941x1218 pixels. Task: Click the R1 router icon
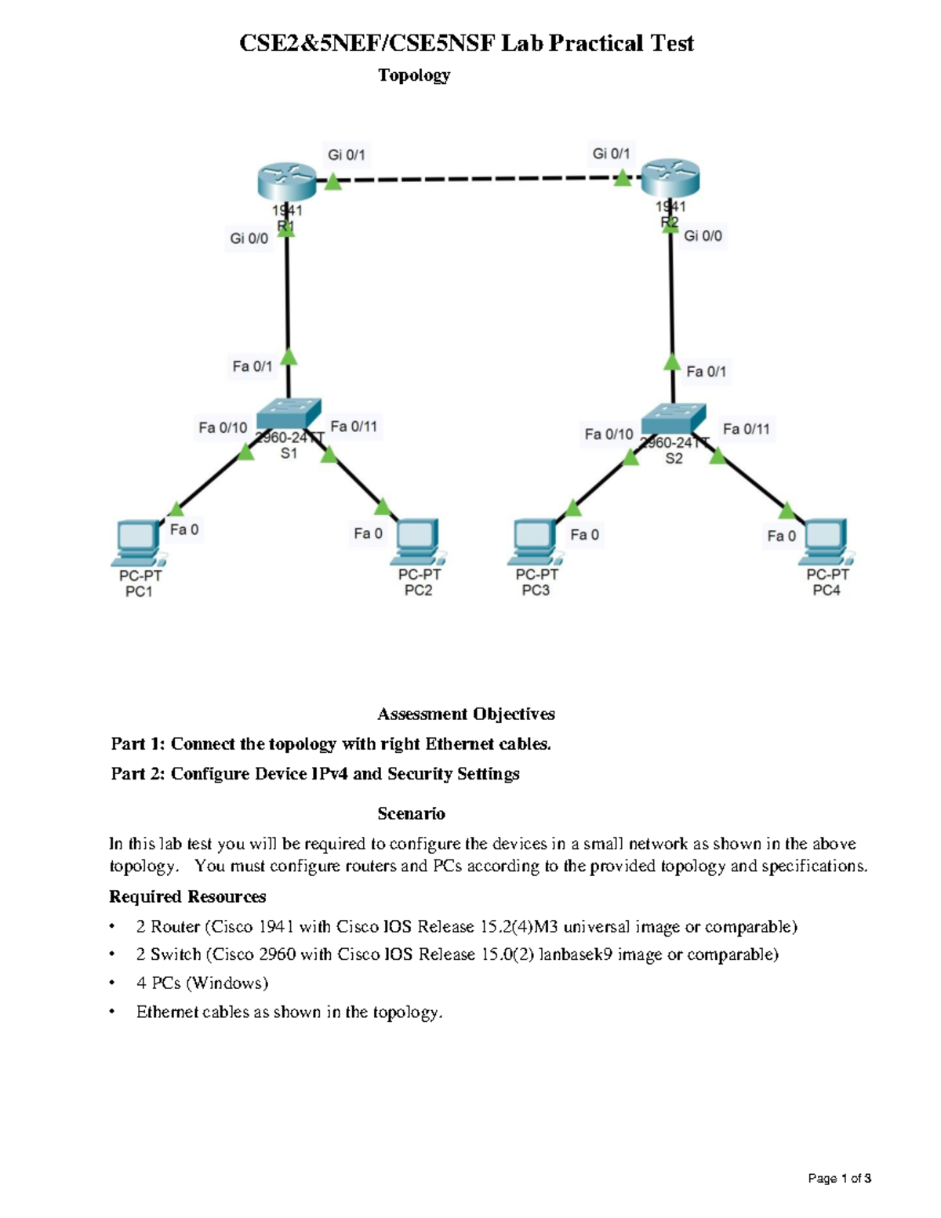point(286,182)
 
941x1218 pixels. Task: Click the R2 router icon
point(670,179)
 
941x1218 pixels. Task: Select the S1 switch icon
point(289,413)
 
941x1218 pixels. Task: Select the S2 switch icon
point(673,419)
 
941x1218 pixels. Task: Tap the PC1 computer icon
point(137,541)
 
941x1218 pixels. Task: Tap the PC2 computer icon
point(419,540)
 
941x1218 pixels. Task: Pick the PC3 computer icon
point(535,541)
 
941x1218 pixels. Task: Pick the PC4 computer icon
point(825,540)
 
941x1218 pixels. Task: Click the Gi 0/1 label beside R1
point(346,155)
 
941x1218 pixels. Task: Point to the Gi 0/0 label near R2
point(703,235)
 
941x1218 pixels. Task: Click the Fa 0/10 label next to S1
point(223,427)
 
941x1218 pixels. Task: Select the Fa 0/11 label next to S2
point(746,429)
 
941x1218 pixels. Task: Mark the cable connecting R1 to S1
point(288,298)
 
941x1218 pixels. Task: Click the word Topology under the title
point(414,75)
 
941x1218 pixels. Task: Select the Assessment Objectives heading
point(466,714)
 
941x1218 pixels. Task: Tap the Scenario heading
point(411,813)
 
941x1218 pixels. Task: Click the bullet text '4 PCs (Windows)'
point(202,983)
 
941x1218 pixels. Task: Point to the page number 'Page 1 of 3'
point(840,1178)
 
